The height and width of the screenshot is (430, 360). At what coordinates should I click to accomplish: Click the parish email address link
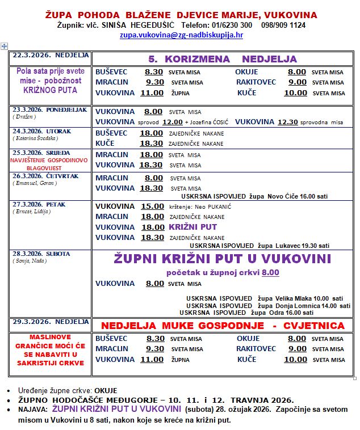click(181, 35)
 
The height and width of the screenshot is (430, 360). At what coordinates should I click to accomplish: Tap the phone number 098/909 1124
click(283, 25)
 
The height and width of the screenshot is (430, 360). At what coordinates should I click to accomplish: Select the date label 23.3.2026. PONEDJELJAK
click(50, 110)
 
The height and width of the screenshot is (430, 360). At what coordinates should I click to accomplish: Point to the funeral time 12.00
click(173, 122)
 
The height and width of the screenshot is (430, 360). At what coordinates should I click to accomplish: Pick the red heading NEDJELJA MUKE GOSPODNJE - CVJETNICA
click(223, 326)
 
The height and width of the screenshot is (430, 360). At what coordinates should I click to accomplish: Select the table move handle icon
click(5, 45)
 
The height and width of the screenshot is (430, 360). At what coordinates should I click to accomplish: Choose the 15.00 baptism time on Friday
click(152, 206)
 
